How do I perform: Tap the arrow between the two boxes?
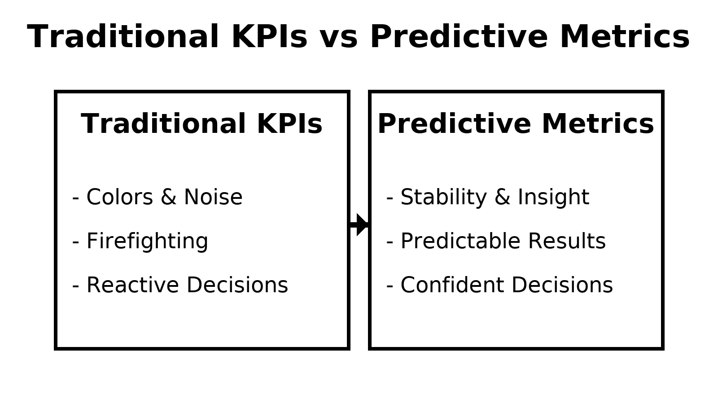tap(359, 224)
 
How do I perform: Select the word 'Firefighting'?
tap(148, 241)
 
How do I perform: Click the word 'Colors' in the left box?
tap(119, 197)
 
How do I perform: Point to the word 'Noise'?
tap(213, 197)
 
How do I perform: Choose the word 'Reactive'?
tap(133, 285)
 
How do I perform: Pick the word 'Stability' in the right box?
tap(444, 198)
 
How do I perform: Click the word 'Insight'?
tap(554, 198)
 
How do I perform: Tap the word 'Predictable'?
tap(460, 241)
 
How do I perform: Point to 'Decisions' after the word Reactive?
tap(237, 285)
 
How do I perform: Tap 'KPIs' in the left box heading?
tap(290, 124)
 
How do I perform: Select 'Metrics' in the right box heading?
tap(598, 124)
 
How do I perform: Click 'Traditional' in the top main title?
tap(123, 37)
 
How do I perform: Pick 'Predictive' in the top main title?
tap(459, 37)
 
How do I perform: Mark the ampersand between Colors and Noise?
tap(168, 197)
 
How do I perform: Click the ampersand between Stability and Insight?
tap(502, 197)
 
